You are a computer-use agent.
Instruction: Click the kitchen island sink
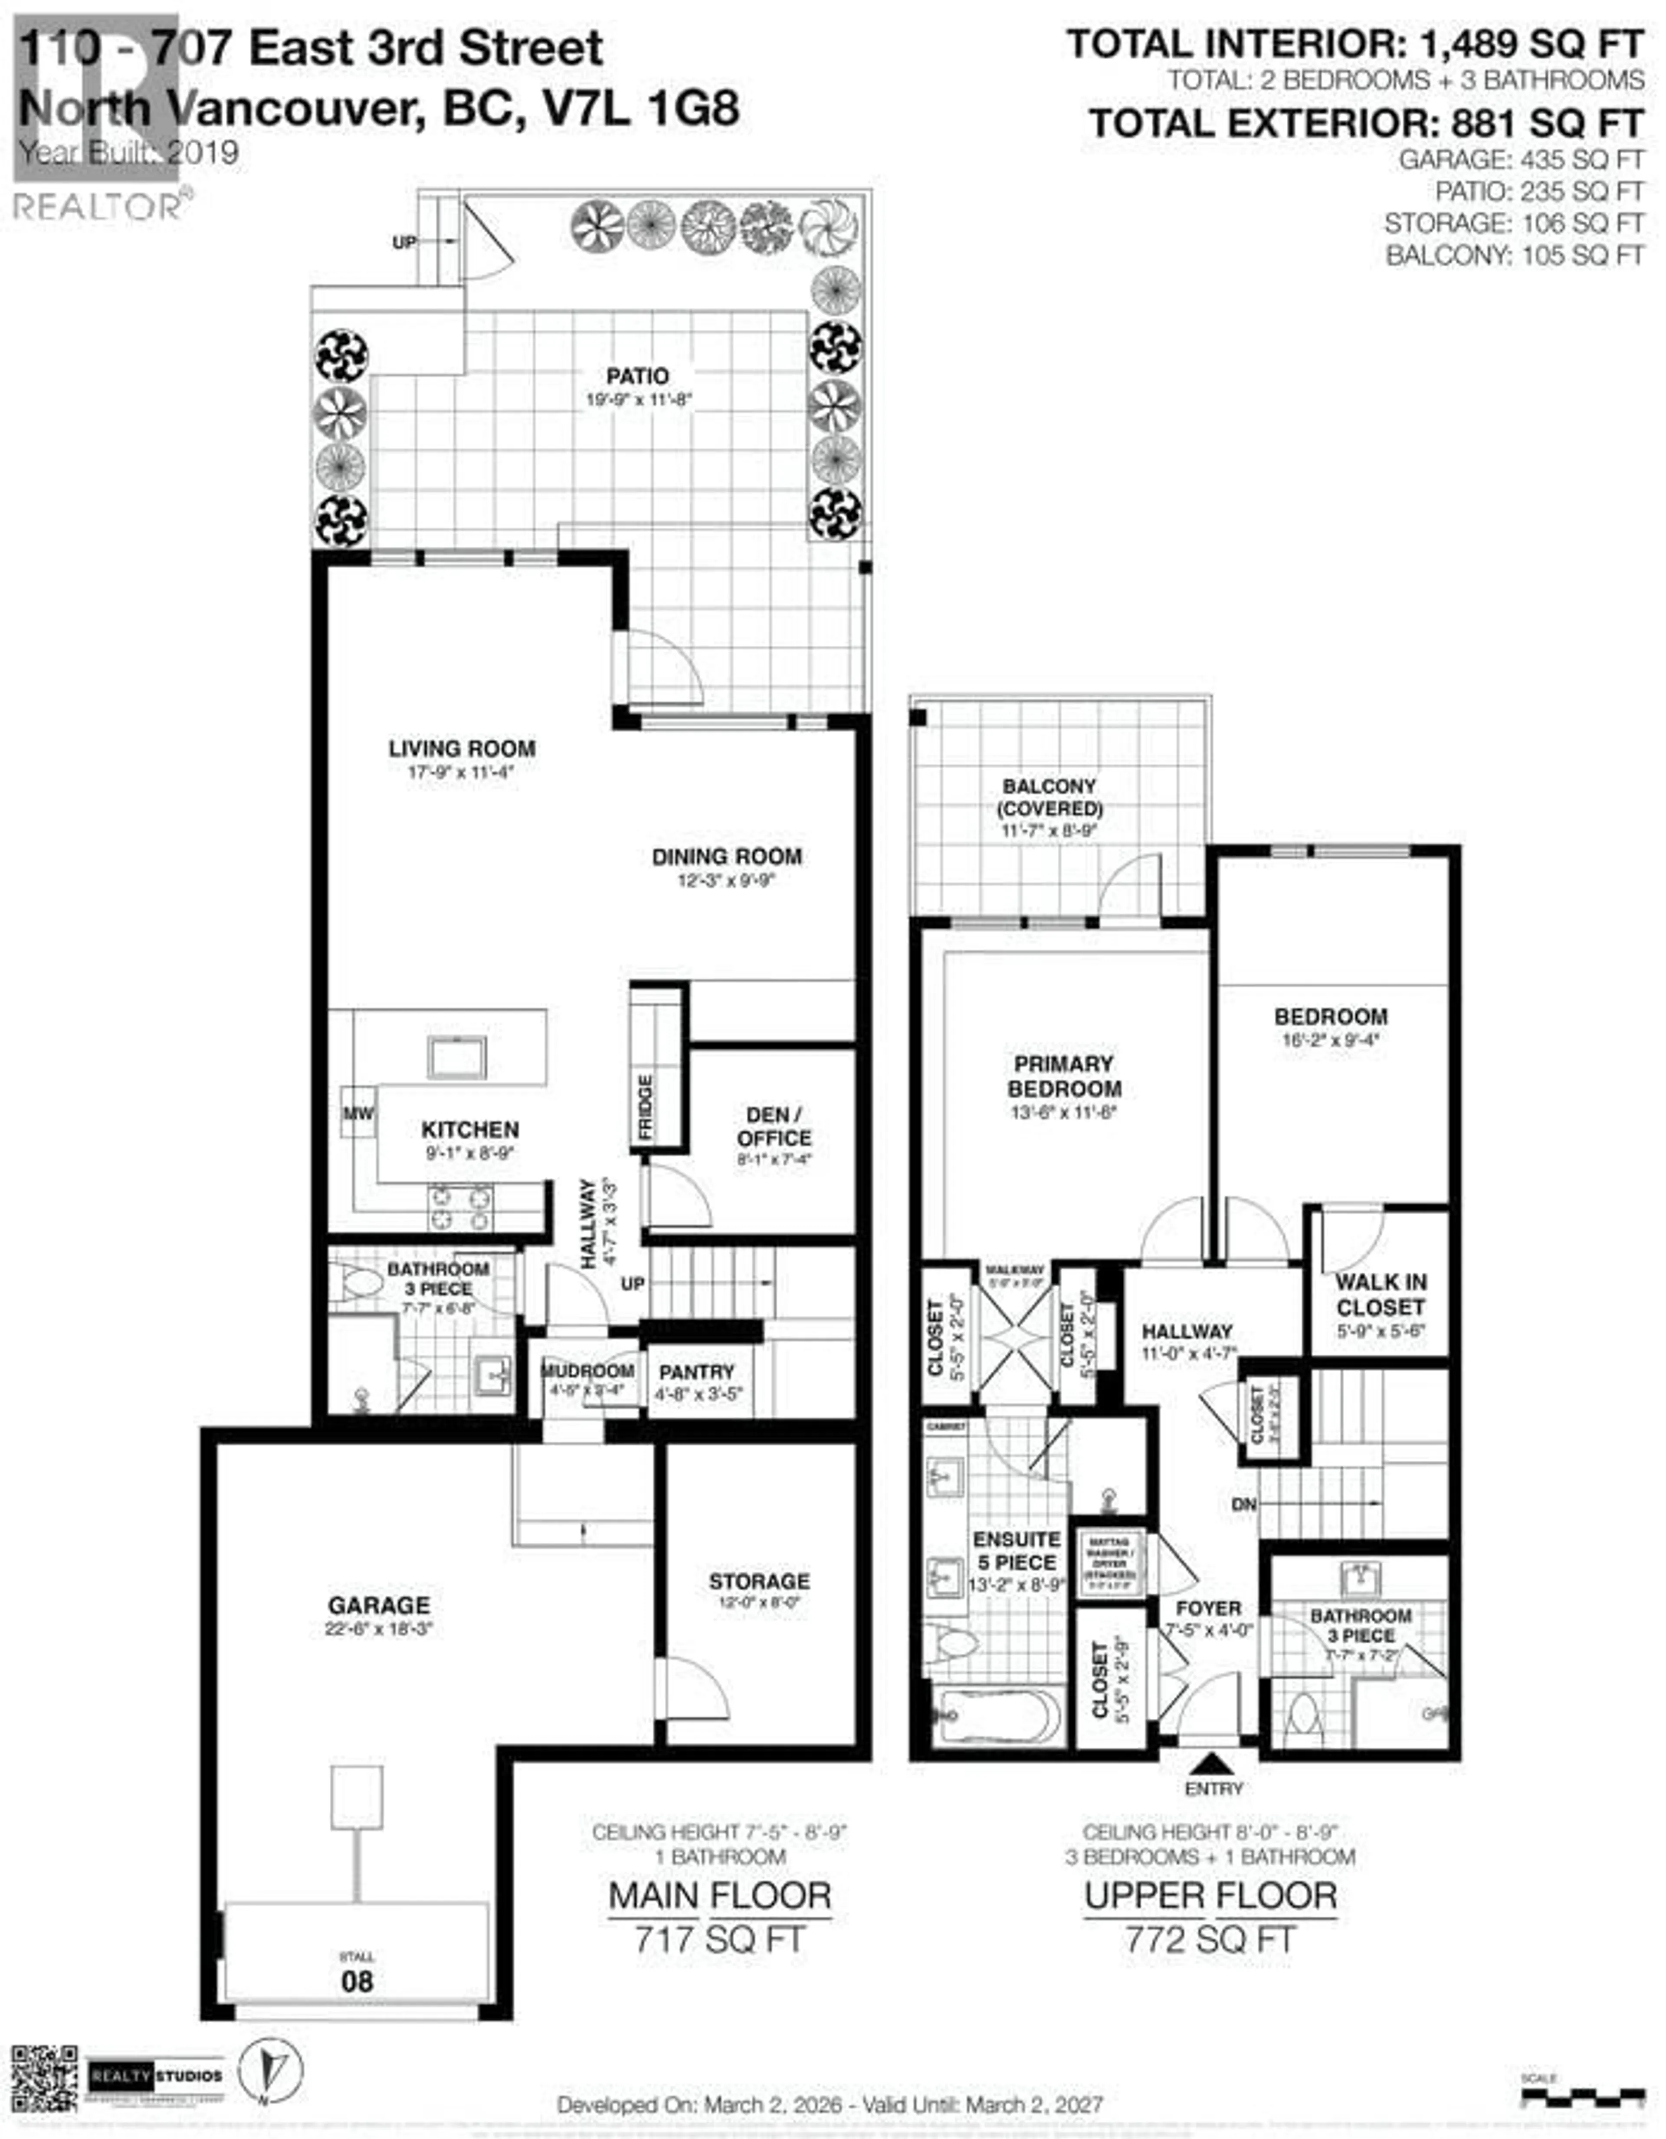(456, 1058)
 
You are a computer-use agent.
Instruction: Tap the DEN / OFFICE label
(774, 1126)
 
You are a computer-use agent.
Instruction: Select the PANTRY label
(696, 1372)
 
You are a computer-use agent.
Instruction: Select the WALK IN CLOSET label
(1380, 1294)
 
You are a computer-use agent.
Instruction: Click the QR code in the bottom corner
(44, 2077)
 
